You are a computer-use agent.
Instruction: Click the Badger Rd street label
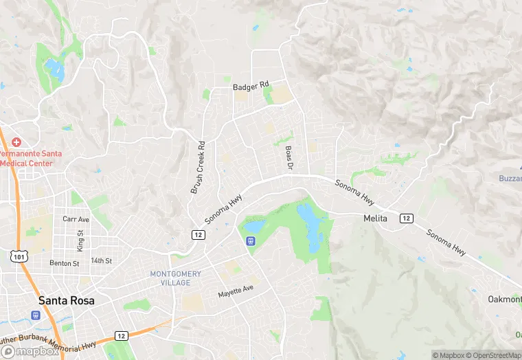[252, 87]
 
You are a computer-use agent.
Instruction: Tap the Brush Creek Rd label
[197, 167]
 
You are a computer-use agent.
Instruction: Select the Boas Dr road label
[289, 157]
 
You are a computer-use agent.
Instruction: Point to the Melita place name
[376, 218]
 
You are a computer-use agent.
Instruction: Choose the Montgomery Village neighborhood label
[176, 278]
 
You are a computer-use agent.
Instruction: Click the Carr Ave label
[76, 219]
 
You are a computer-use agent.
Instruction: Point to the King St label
[80, 240]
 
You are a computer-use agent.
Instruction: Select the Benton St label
[65, 263]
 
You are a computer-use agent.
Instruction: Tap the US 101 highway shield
[17, 256]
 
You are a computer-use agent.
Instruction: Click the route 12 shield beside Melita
[407, 218]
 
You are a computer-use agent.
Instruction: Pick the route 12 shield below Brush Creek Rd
[197, 234]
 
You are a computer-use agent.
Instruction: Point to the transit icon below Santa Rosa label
[34, 315]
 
